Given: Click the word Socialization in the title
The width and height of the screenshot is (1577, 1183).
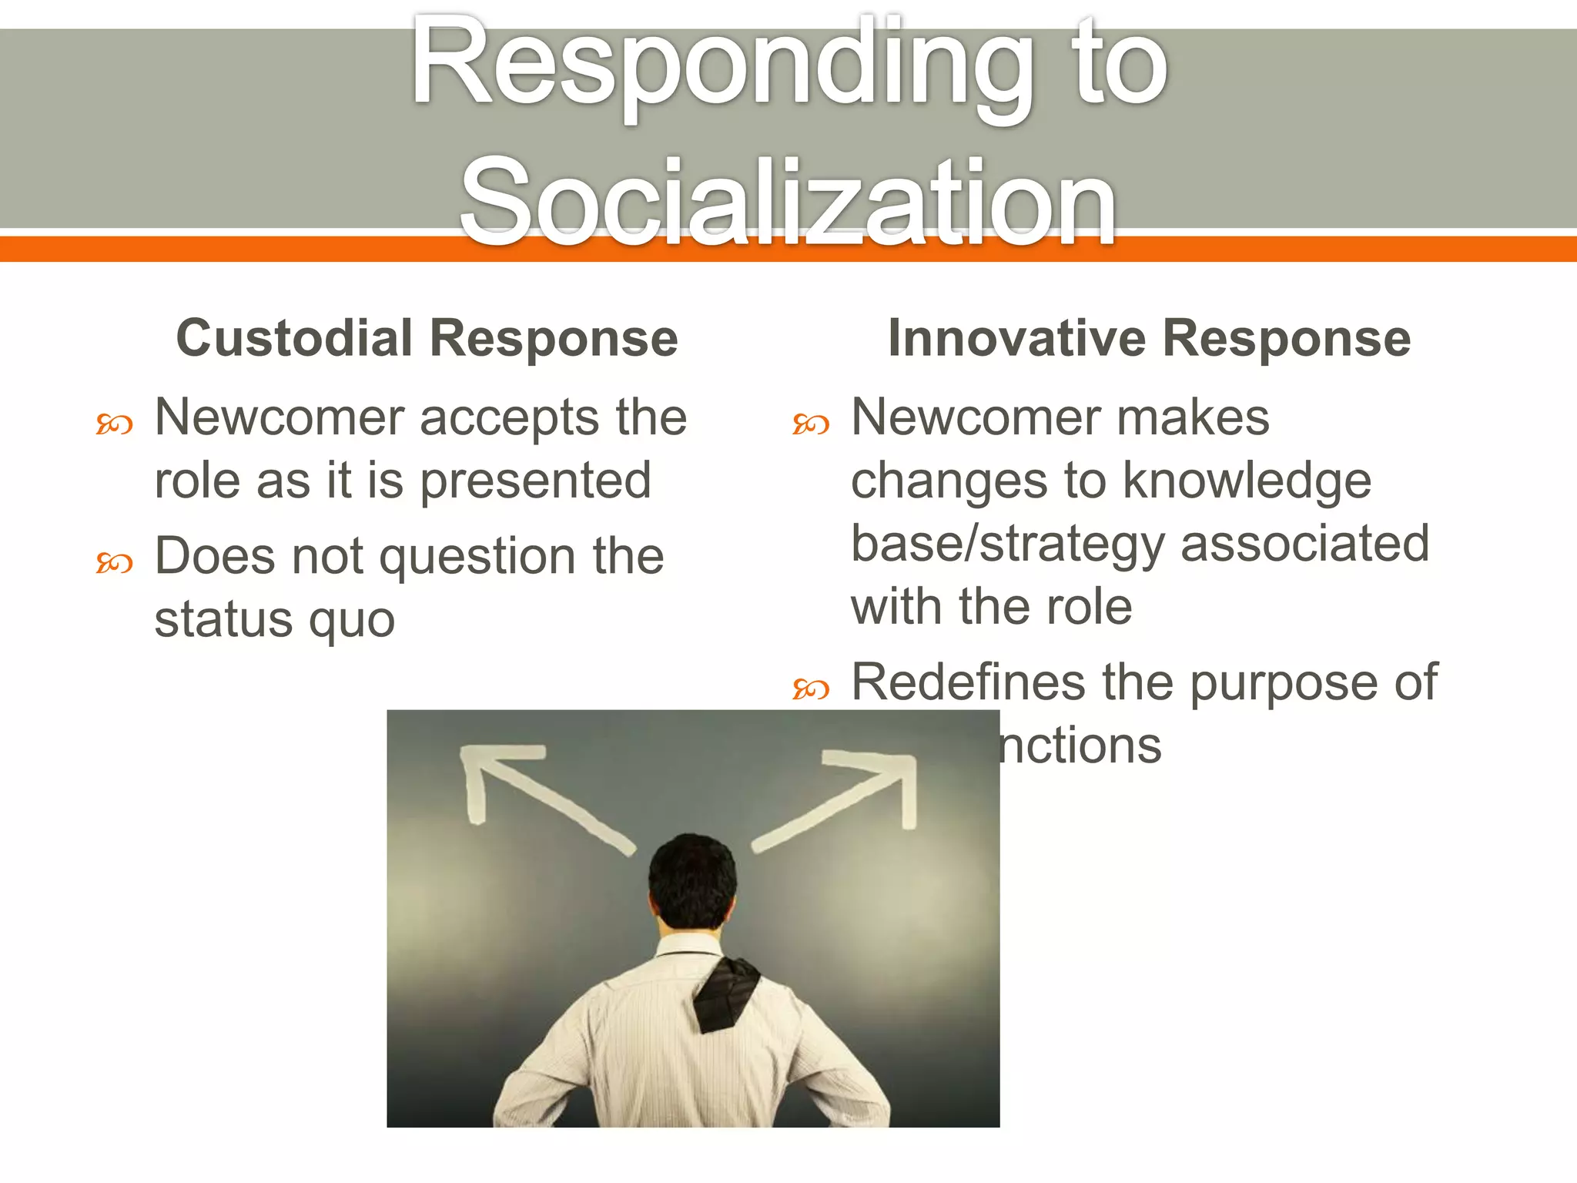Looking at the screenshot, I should coord(787,202).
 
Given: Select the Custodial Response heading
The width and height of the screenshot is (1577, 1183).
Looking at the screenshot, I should coord(427,338).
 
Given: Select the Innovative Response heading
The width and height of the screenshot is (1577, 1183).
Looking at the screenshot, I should coord(1149,338).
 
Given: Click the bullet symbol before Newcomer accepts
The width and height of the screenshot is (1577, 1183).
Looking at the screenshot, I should coord(114,424).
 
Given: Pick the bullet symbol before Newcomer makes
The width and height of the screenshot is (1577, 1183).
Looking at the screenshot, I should coord(811,424).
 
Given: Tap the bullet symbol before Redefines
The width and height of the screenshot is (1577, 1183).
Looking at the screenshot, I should coord(811,689).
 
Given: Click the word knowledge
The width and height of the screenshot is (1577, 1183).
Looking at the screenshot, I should coord(1247,481).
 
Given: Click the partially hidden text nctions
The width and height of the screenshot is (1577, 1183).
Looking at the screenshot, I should coord(1080,746).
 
